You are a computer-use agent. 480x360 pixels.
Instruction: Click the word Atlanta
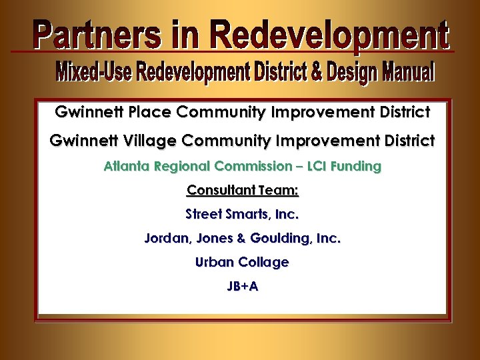click(x=127, y=166)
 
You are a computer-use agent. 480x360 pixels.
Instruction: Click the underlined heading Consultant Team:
click(x=243, y=191)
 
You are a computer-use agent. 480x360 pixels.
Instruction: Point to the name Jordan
click(x=165, y=239)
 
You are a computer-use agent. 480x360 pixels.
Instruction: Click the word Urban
click(x=215, y=263)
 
